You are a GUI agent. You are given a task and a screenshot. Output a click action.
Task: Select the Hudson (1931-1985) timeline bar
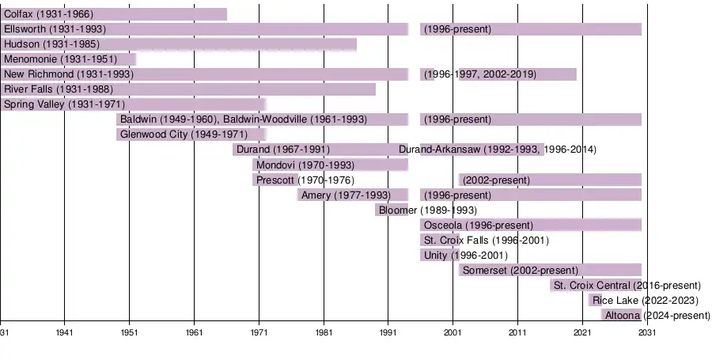click(x=178, y=44)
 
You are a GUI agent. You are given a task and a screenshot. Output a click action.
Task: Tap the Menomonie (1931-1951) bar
click(x=68, y=59)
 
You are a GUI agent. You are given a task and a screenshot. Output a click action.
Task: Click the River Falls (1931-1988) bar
click(x=187, y=89)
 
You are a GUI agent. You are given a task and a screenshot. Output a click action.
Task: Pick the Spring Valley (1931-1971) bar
click(x=132, y=104)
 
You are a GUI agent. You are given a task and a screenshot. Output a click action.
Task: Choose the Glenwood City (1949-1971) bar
click(x=191, y=135)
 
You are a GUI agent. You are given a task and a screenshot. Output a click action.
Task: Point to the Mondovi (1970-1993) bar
click(x=330, y=165)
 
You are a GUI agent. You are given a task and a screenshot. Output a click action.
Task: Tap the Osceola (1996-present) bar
click(x=530, y=225)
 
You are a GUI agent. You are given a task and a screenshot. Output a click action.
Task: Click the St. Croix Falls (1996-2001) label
click(x=487, y=241)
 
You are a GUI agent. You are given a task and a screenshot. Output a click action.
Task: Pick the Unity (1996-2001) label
click(x=466, y=256)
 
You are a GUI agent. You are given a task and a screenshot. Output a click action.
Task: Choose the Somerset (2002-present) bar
click(x=550, y=270)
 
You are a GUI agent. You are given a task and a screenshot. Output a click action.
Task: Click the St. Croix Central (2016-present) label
click(x=627, y=286)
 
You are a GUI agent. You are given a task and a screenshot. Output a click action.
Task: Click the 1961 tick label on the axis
click(x=194, y=333)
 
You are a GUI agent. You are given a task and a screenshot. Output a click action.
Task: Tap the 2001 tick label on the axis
click(x=453, y=333)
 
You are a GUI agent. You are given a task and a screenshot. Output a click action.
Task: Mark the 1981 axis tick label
click(x=324, y=333)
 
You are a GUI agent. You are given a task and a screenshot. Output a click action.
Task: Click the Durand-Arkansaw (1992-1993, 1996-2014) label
click(x=498, y=150)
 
